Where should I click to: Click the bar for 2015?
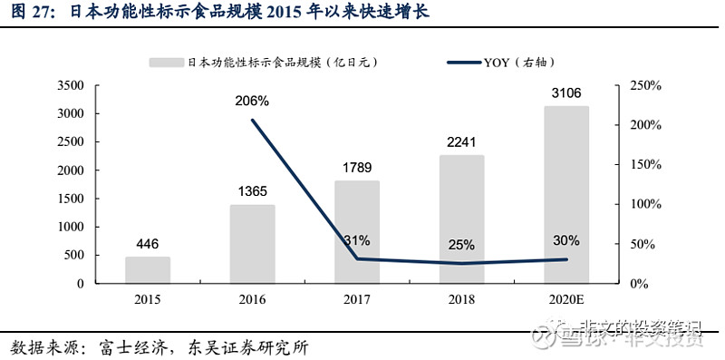click(148, 270)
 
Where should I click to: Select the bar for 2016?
click(252, 244)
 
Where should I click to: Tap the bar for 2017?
click(357, 232)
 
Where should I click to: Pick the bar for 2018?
click(461, 219)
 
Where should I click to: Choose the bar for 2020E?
click(566, 195)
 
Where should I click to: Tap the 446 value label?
click(148, 242)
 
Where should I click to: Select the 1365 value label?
click(252, 190)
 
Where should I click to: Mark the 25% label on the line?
click(461, 244)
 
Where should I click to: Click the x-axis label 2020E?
click(566, 299)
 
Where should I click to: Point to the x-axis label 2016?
click(252, 299)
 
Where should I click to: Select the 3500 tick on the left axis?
click(70, 86)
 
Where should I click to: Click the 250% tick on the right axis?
click(646, 86)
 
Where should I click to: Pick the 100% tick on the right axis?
click(646, 204)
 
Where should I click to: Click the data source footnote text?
click(164, 347)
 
